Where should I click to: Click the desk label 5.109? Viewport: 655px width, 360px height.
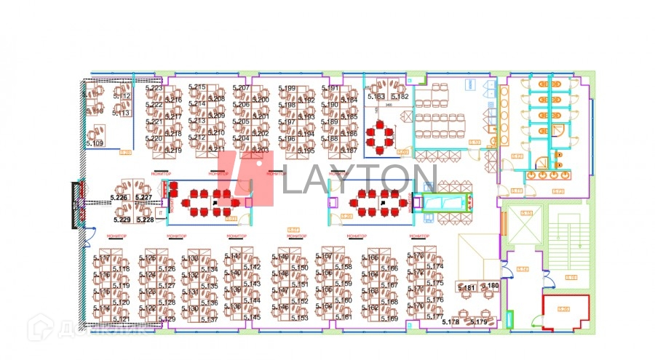pos(94,143)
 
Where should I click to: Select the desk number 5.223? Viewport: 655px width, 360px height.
pos(154,88)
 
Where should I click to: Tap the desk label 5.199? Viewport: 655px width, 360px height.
pos(287,89)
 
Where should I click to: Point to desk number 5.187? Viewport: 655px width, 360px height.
pos(349,151)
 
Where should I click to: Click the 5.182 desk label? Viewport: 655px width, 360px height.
pos(400,96)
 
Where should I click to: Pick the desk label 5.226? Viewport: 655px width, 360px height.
pos(119,198)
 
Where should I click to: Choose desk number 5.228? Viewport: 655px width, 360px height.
pos(145,220)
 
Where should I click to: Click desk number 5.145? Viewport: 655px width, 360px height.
pos(252,317)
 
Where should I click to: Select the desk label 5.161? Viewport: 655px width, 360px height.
pos(343,317)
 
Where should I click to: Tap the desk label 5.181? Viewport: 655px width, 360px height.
pos(466,288)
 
